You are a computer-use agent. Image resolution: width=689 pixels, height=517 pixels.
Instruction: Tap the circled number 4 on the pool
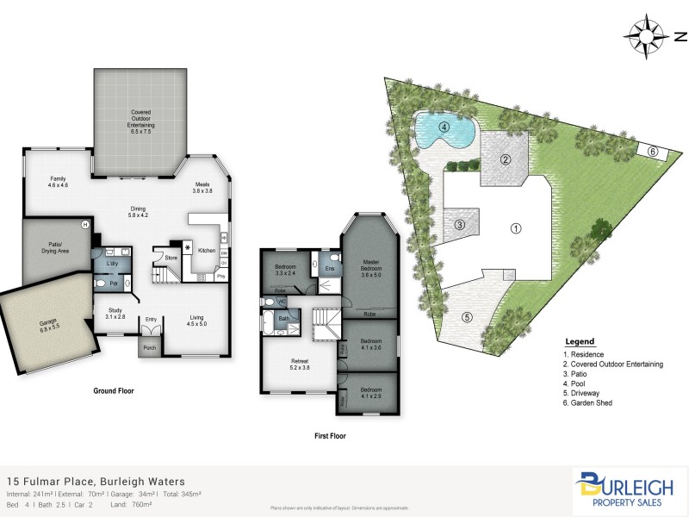[444, 128]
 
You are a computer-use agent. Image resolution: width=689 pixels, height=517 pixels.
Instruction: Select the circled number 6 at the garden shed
[653, 152]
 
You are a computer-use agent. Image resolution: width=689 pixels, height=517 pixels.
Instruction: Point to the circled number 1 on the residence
[516, 228]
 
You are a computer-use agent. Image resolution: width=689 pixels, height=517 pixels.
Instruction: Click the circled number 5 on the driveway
[468, 317]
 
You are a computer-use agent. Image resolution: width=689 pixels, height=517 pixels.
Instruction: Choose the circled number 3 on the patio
[460, 225]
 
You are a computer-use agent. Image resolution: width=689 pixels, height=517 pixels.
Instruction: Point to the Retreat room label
[299, 364]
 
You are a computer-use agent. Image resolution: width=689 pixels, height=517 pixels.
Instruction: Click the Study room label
[115, 314]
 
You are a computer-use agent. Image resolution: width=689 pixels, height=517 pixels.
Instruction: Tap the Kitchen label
[207, 250]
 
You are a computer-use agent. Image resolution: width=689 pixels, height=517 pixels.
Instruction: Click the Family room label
[58, 182]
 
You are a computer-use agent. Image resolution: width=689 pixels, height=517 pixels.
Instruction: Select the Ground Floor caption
[113, 390]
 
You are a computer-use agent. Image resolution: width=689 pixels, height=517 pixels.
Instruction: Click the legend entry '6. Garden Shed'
[588, 402]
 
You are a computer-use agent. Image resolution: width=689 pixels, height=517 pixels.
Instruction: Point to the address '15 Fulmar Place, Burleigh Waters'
[96, 482]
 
